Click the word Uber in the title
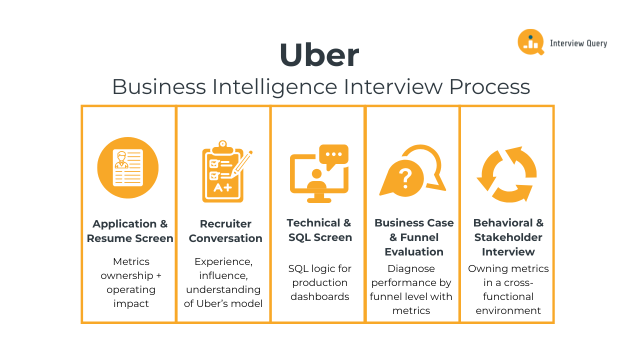(x=319, y=55)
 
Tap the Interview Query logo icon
(x=530, y=42)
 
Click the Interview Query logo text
(x=578, y=43)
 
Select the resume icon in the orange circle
(x=128, y=167)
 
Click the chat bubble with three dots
(x=333, y=154)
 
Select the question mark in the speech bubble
(x=404, y=176)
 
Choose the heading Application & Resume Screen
(x=130, y=231)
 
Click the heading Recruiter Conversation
(x=225, y=231)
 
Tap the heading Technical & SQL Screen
(x=319, y=230)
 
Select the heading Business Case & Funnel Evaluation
(x=414, y=237)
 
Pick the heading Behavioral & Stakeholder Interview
(x=508, y=237)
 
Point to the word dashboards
(x=320, y=296)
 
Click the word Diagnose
(x=411, y=268)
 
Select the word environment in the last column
(x=508, y=310)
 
